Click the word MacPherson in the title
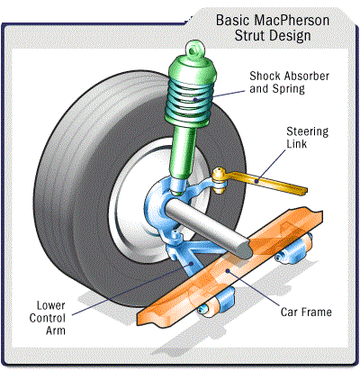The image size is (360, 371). [292, 21]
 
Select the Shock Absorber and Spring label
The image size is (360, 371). [290, 82]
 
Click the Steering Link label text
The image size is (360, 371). [308, 138]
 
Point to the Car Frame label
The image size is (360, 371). [306, 312]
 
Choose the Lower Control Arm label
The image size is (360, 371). [48, 318]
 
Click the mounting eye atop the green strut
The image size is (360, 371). [195, 49]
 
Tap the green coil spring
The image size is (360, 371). [190, 99]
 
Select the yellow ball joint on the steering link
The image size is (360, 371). [220, 180]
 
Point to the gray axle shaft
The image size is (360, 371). [209, 228]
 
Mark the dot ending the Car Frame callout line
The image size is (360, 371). [228, 271]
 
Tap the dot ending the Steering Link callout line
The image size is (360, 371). [256, 181]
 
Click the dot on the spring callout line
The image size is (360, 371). [195, 99]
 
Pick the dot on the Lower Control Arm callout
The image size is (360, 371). [192, 264]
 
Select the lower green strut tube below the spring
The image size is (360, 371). [183, 153]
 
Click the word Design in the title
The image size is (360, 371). [290, 36]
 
